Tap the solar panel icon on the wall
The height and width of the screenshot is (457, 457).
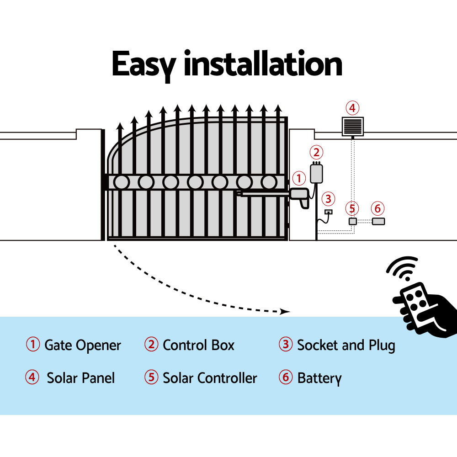click(352, 126)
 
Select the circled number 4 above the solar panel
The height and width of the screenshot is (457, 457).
click(352, 108)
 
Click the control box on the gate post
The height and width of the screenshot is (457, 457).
click(316, 173)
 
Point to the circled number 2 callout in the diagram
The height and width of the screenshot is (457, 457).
click(316, 152)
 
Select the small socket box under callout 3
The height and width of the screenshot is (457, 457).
click(328, 212)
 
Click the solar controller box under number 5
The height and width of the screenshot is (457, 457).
click(352, 221)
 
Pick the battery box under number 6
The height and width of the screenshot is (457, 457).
click(378, 221)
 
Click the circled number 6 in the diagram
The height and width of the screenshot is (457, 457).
click(377, 208)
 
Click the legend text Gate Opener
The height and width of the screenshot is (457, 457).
click(83, 345)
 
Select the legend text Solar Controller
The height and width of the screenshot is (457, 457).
click(210, 378)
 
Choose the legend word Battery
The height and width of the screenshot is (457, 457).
click(319, 378)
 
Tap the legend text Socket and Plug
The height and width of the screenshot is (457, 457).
click(346, 345)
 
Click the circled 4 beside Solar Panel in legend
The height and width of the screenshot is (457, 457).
click(32, 378)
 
